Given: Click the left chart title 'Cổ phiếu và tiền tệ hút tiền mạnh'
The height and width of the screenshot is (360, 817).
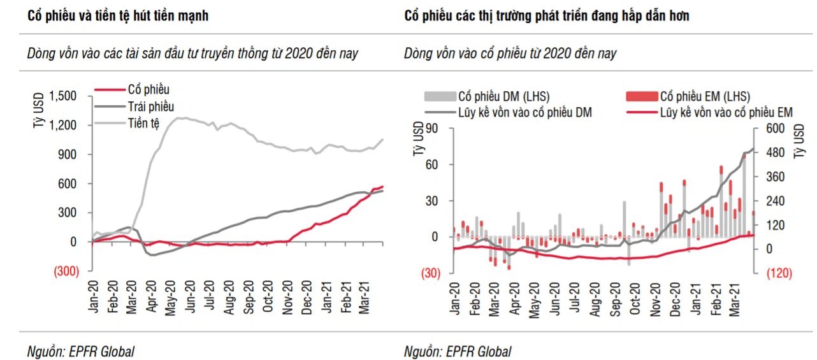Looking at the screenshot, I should [x=118, y=16].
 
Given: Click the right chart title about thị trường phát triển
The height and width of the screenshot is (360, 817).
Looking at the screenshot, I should [x=547, y=16].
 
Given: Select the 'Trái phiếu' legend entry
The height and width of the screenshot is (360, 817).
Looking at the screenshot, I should [x=150, y=106].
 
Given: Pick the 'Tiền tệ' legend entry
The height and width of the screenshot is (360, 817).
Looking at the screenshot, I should [x=144, y=122].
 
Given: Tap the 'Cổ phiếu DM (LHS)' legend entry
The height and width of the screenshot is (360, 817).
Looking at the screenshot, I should [x=503, y=97].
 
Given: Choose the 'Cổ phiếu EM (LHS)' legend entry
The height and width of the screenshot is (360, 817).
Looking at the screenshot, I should [x=705, y=97].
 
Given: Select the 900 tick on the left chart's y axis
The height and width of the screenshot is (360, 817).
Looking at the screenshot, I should [x=68, y=154].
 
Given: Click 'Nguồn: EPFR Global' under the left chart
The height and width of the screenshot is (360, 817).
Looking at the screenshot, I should [x=81, y=351].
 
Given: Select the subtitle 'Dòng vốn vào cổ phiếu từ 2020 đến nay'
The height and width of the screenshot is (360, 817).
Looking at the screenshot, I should [x=510, y=54].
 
